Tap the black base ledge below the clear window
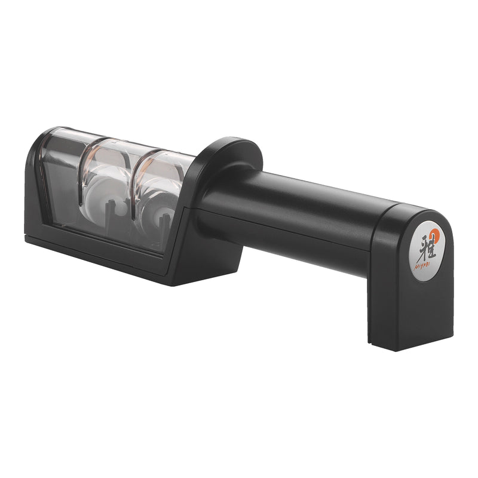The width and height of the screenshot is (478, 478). pyautogui.click(x=96, y=251)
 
